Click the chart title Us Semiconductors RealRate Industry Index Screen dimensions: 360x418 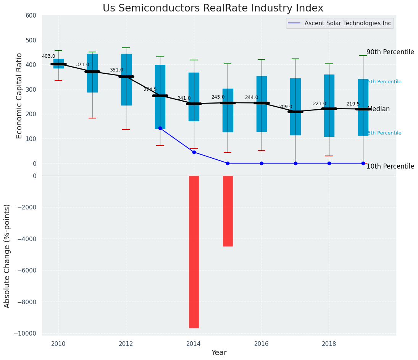tap(213, 8)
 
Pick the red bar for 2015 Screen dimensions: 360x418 tap(228, 211)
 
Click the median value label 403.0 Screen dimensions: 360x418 tap(48, 56)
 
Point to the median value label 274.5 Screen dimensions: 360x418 tap(150, 89)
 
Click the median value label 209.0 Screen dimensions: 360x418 tap(286, 107)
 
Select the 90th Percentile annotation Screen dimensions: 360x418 tap(390, 52)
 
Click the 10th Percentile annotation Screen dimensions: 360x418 tap(390, 166)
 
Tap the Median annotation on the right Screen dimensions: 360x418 tap(379, 109)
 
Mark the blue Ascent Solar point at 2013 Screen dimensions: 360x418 tap(160, 128)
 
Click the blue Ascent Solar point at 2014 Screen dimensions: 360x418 tap(194, 152)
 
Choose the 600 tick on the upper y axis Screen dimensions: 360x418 tap(31, 15)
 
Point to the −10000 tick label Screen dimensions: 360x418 tap(25, 334)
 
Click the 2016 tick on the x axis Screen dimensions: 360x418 tap(261, 344)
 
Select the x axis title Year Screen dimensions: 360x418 tap(219, 353)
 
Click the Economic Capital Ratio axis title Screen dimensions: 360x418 tap(19, 89)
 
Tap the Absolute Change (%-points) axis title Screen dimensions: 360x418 tap(7, 256)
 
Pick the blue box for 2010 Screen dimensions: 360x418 tap(58, 63)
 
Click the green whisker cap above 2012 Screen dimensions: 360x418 tap(126, 48)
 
